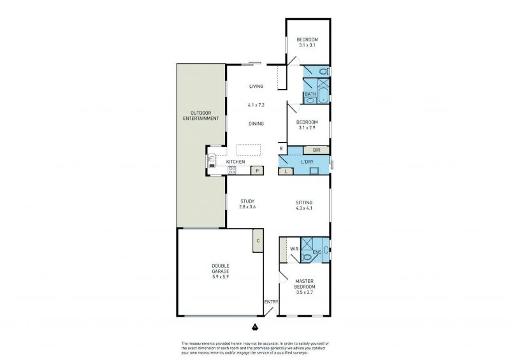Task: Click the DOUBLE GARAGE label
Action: (221, 268)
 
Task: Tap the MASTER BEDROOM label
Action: (305, 284)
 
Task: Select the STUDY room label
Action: (247, 201)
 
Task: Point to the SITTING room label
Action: (304, 203)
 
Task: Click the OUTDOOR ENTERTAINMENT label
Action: (201, 116)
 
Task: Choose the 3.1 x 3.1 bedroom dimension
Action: (307, 45)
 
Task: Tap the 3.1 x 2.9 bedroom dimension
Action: (307, 128)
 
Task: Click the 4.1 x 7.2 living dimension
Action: (256, 105)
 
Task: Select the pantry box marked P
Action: (257, 170)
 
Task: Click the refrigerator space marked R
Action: (282, 149)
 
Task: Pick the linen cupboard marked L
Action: (286, 171)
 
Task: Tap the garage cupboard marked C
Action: (258, 240)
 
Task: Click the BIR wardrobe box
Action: (316, 150)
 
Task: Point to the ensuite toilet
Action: (307, 257)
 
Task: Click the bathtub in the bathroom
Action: (323, 96)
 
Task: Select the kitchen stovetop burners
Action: (232, 169)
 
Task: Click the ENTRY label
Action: (271, 302)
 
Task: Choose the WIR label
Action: (294, 249)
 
